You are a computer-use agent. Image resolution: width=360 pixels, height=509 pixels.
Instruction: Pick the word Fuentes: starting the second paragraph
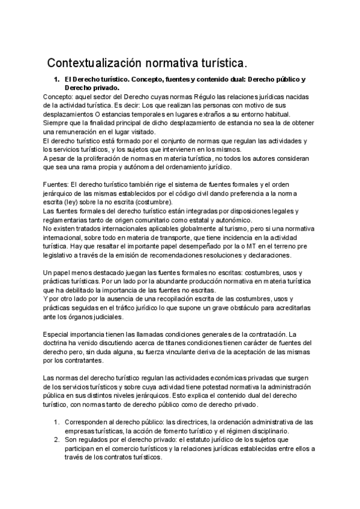pyautogui.click(x=58, y=184)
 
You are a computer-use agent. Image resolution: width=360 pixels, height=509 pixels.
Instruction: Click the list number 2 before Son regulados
pyautogui.click(x=56, y=439)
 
